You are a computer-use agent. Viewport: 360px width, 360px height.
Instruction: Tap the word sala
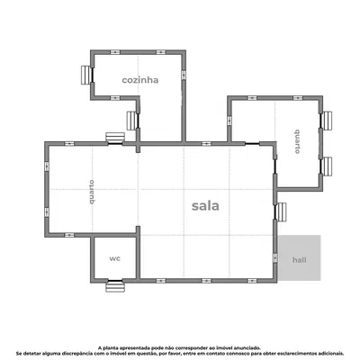pos(205,204)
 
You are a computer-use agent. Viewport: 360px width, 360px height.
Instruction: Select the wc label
pos(114,258)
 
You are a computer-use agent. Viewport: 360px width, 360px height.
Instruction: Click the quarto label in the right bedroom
pos(295,142)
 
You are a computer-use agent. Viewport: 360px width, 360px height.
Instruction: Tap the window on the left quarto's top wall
pos(114,138)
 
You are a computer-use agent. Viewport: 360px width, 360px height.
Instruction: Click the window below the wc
pos(113,286)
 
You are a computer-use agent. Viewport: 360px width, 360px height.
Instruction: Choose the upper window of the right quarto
pos(327,120)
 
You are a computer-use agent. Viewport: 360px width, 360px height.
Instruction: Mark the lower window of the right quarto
pos(327,165)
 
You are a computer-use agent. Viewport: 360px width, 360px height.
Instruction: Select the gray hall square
pos(299,258)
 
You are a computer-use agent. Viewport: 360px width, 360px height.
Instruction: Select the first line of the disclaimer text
pos(180,345)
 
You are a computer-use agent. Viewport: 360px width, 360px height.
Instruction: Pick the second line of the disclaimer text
pos(180,352)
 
